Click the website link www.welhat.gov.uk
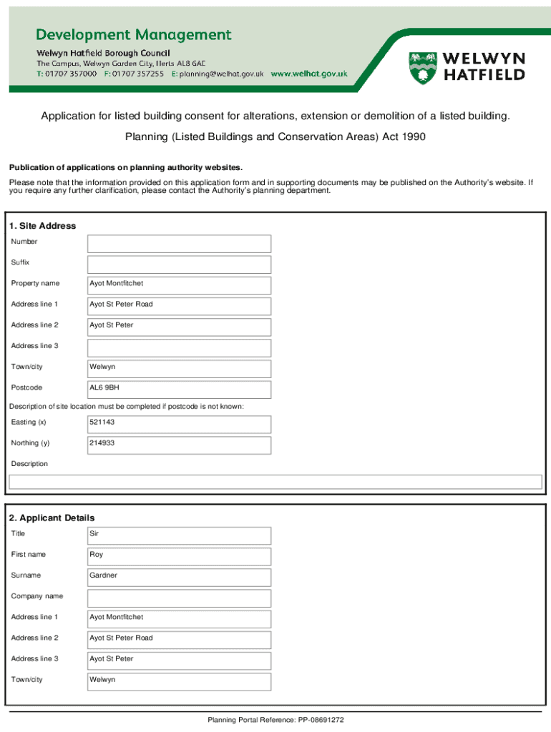[x=308, y=74]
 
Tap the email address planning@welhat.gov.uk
[x=221, y=74]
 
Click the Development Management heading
[x=135, y=34]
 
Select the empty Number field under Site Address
[x=179, y=244]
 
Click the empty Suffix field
[x=179, y=264]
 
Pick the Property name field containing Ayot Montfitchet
[x=179, y=285]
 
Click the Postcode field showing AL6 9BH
[x=179, y=390]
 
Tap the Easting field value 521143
[x=179, y=424]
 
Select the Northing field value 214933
[x=179, y=445]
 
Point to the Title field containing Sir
[x=179, y=535]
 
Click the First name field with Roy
[x=179, y=556]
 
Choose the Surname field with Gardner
[x=179, y=577]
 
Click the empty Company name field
[x=179, y=598]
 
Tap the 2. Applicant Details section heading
[x=52, y=518]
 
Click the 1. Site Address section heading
[x=42, y=226]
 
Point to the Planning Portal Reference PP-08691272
[x=276, y=720]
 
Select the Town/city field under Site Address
[x=179, y=369]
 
